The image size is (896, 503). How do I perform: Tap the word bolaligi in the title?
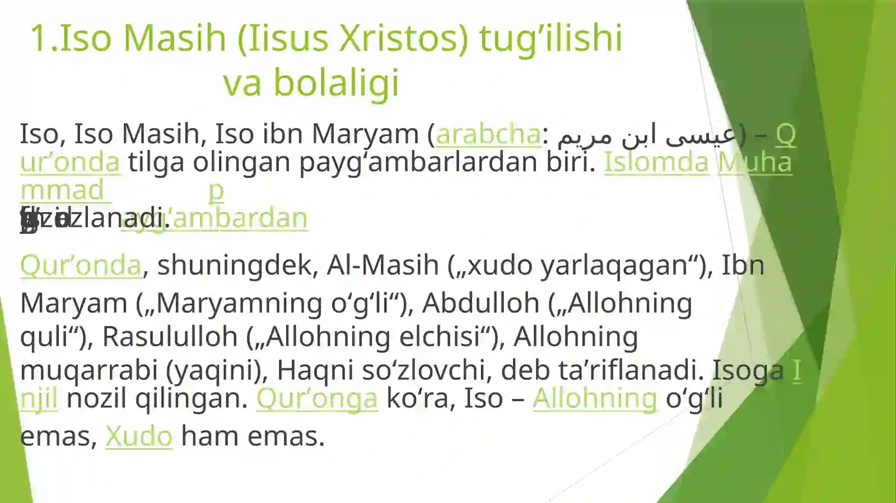(336, 83)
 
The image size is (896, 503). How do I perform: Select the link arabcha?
(488, 134)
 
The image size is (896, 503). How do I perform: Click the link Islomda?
(656, 162)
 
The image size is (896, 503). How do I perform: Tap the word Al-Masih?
(382, 265)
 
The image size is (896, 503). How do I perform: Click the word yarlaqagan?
(613, 265)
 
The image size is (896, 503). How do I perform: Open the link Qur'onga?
(317, 398)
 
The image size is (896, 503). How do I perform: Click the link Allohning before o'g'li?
(594, 398)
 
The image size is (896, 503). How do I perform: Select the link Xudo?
(138, 436)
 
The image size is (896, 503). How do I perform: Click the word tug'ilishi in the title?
(550, 38)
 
